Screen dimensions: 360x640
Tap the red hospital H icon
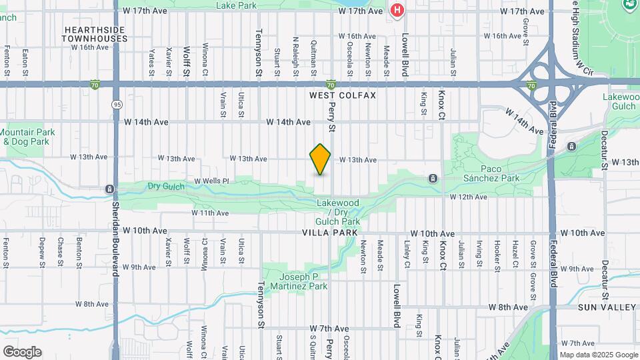397,10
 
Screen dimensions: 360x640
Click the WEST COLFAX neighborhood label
343,96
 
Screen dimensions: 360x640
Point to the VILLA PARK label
330,233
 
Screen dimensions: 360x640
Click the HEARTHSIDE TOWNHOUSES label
95,35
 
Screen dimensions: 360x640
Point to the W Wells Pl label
211,181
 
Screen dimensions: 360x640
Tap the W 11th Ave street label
210,213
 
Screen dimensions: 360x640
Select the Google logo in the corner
22,352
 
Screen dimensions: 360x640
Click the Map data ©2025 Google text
598,355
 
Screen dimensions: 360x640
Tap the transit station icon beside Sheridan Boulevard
109,189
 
